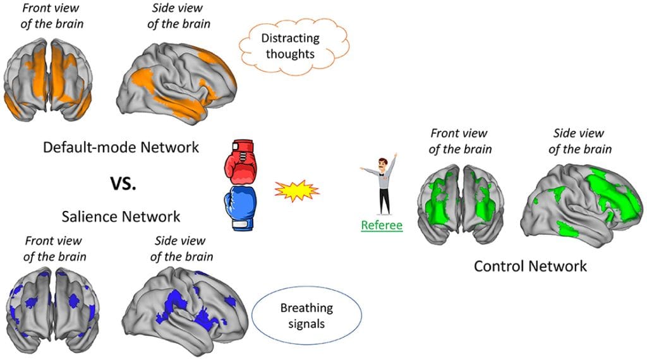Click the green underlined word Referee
tap(382, 224)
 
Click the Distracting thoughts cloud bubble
tap(290, 46)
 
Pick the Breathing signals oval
tap(306, 315)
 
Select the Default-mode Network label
tap(121, 147)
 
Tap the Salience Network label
tap(121, 217)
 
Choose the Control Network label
tap(530, 266)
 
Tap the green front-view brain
tap(460, 203)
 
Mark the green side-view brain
tap(581, 201)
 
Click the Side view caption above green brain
tap(579, 141)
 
